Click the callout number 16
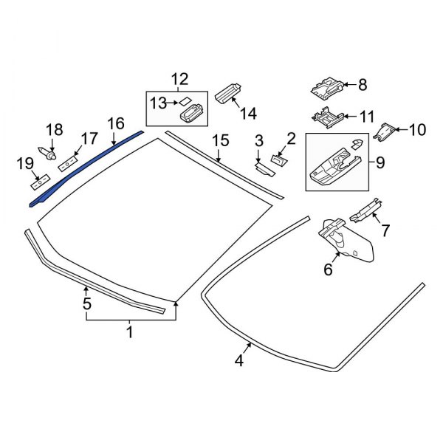(115, 123)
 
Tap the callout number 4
(238, 361)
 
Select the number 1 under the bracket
(129, 332)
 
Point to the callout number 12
(180, 79)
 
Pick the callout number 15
(220, 141)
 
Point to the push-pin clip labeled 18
(50, 156)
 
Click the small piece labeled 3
(264, 168)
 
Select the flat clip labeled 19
(40, 179)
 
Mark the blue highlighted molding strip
(85, 166)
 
